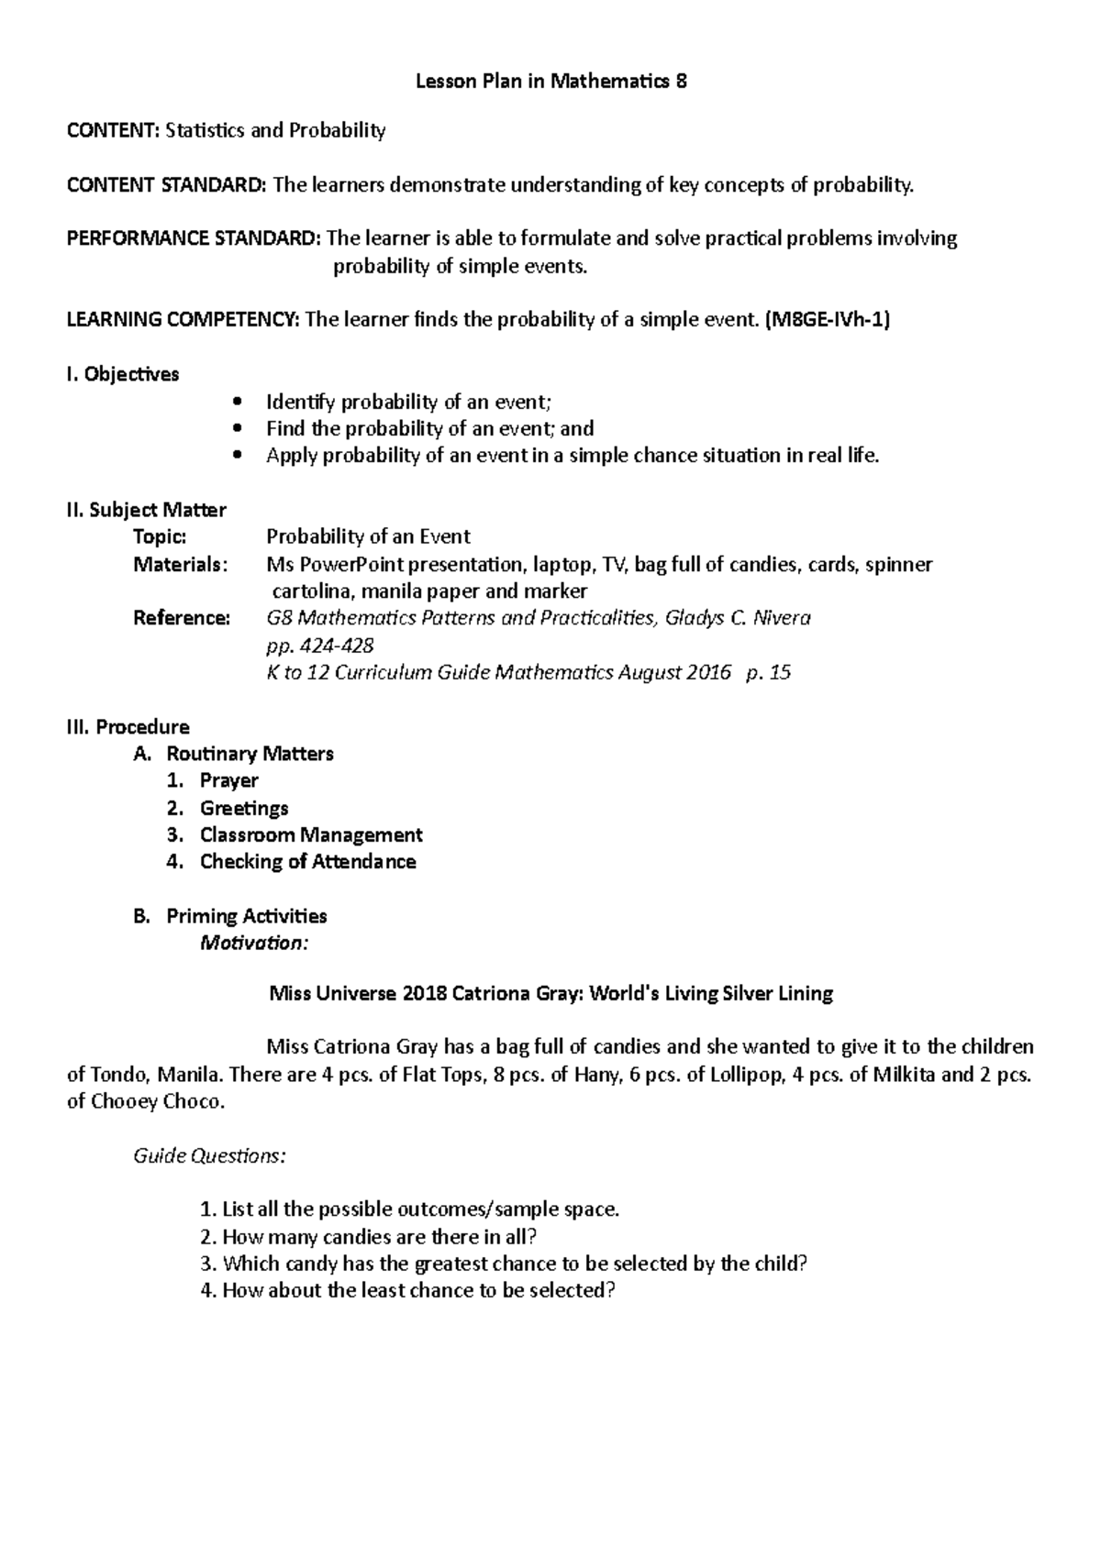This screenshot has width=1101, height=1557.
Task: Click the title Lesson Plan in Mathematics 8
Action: (550, 82)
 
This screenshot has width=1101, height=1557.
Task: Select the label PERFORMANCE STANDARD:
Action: (194, 239)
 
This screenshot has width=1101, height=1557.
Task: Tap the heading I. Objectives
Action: (123, 374)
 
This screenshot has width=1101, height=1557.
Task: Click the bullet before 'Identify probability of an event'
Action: (239, 402)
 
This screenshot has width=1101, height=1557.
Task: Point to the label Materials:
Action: (180, 564)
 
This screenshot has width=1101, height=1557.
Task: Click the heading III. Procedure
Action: (128, 727)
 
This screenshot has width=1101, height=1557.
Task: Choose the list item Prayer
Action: (228, 780)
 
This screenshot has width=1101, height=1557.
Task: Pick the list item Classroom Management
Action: (311, 834)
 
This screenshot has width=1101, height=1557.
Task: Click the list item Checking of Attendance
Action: (307, 862)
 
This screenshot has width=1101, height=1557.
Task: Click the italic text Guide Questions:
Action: (210, 1155)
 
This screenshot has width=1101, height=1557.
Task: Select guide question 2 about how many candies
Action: (367, 1236)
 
